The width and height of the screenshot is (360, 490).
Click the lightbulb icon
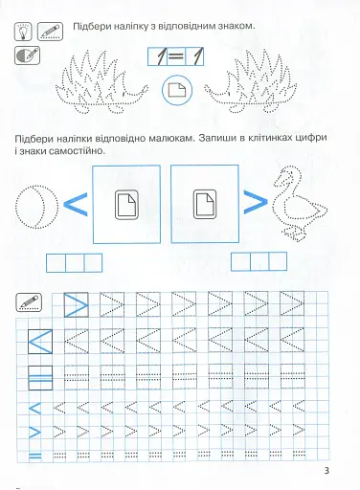(23, 32)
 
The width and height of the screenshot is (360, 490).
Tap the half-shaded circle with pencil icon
(27, 56)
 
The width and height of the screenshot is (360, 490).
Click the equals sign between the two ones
(176, 56)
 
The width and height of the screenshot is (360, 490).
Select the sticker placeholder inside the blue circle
(177, 90)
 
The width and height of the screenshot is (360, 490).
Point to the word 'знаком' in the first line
(236, 26)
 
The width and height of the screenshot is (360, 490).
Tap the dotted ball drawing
(37, 207)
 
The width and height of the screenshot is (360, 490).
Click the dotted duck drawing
(299, 203)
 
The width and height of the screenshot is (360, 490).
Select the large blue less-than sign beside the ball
(76, 204)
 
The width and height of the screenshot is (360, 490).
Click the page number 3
(326, 471)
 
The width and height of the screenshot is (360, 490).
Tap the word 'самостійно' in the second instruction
(78, 150)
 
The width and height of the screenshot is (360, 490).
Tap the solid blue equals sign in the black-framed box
(40, 378)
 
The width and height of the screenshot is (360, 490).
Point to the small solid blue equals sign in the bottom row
(35, 456)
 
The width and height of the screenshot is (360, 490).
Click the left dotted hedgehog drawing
(101, 81)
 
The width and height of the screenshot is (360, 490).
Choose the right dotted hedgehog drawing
(251, 81)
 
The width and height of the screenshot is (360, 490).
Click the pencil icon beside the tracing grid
(29, 302)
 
